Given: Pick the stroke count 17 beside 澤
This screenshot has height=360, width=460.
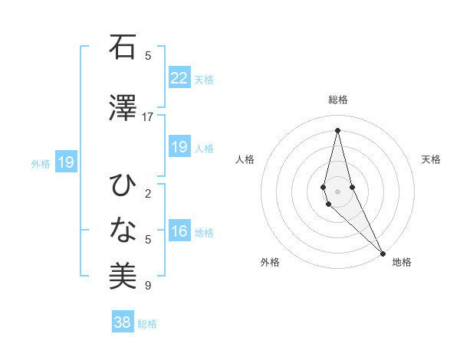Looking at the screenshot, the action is click(148, 117).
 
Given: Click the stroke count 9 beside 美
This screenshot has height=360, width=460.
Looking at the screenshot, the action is click(148, 286).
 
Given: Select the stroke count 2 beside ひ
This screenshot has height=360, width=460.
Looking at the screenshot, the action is click(148, 194).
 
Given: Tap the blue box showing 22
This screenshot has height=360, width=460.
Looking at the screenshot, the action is click(179, 78).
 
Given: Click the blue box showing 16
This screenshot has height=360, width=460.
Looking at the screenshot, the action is click(179, 232).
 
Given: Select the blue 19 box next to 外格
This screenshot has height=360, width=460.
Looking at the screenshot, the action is click(66, 162).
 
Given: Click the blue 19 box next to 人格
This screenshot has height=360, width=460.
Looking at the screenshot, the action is click(179, 148).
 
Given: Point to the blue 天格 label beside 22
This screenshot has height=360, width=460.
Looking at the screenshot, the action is click(204, 80).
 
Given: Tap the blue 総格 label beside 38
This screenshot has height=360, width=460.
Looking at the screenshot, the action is click(147, 324).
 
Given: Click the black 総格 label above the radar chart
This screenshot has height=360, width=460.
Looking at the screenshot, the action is click(337, 100).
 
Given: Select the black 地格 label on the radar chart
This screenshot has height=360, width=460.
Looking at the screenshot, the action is click(402, 262).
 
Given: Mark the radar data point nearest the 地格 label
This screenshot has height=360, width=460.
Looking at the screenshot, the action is click(383, 252).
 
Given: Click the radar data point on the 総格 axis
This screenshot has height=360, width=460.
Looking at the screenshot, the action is click(337, 129).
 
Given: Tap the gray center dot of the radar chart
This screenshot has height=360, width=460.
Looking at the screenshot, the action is click(337, 191).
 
